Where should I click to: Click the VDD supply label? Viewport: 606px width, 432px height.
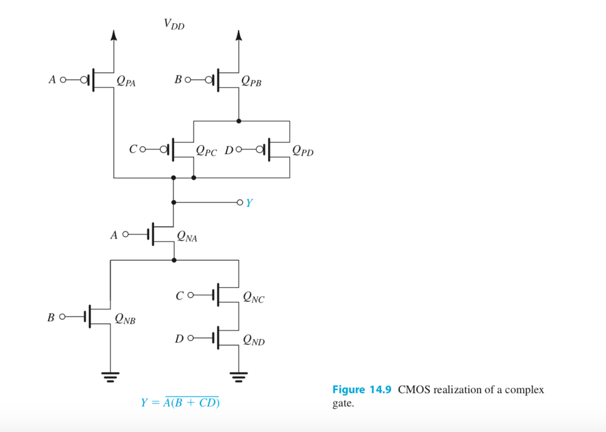[174, 24]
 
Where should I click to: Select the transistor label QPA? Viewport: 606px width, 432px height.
[125, 82]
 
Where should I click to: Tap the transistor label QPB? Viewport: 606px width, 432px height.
[251, 82]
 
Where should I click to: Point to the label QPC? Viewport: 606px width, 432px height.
[206, 151]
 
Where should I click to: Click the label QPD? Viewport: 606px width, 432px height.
[302, 151]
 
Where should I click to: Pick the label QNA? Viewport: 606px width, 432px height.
[188, 238]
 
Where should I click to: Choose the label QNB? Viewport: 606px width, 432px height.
[125, 320]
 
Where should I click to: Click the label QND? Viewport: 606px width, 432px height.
[253, 340]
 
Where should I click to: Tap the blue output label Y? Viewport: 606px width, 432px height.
[249, 203]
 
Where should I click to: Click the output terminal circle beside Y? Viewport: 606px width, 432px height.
[239, 202]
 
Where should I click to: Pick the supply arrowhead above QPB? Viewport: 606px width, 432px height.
[238, 36]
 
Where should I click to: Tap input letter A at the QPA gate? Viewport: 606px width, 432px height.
[52, 79]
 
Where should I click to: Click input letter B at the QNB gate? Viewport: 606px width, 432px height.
[51, 318]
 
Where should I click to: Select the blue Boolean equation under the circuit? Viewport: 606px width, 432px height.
[180, 403]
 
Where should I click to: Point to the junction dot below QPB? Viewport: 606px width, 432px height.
[238, 121]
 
